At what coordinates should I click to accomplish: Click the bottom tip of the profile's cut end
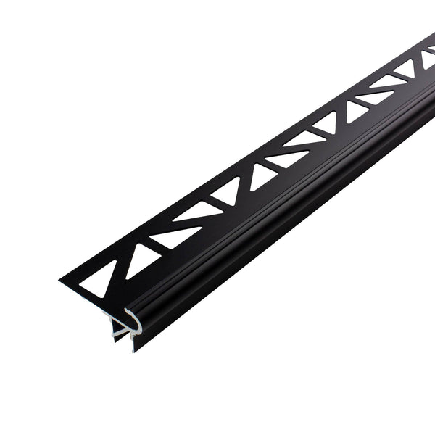click(x=133, y=349)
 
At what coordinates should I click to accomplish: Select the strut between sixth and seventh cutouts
click(x=276, y=165)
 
